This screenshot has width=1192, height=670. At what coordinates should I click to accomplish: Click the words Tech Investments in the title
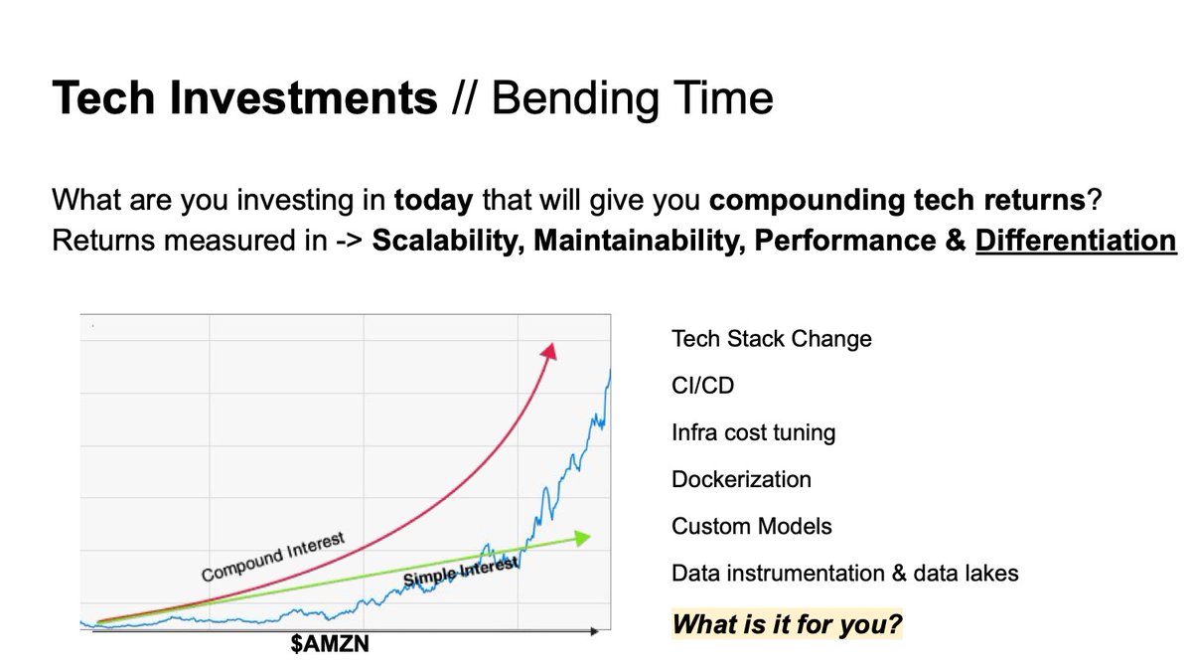(x=243, y=98)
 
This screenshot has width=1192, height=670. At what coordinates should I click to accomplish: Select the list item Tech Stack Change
(x=771, y=339)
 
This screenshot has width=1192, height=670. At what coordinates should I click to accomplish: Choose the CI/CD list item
(x=702, y=386)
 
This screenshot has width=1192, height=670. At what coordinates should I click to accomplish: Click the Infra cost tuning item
(x=753, y=433)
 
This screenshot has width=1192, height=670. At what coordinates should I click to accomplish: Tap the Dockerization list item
(x=741, y=480)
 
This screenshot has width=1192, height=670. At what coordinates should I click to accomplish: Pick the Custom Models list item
(x=751, y=527)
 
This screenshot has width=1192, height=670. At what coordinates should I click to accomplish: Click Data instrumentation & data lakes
(x=844, y=574)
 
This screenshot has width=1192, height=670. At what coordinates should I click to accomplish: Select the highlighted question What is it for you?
(x=788, y=625)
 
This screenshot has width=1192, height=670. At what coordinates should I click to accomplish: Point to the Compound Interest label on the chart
(x=272, y=559)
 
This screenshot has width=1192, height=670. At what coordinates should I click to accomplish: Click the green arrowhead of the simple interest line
(x=583, y=538)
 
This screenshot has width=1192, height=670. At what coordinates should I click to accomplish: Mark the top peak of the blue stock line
(x=609, y=370)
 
